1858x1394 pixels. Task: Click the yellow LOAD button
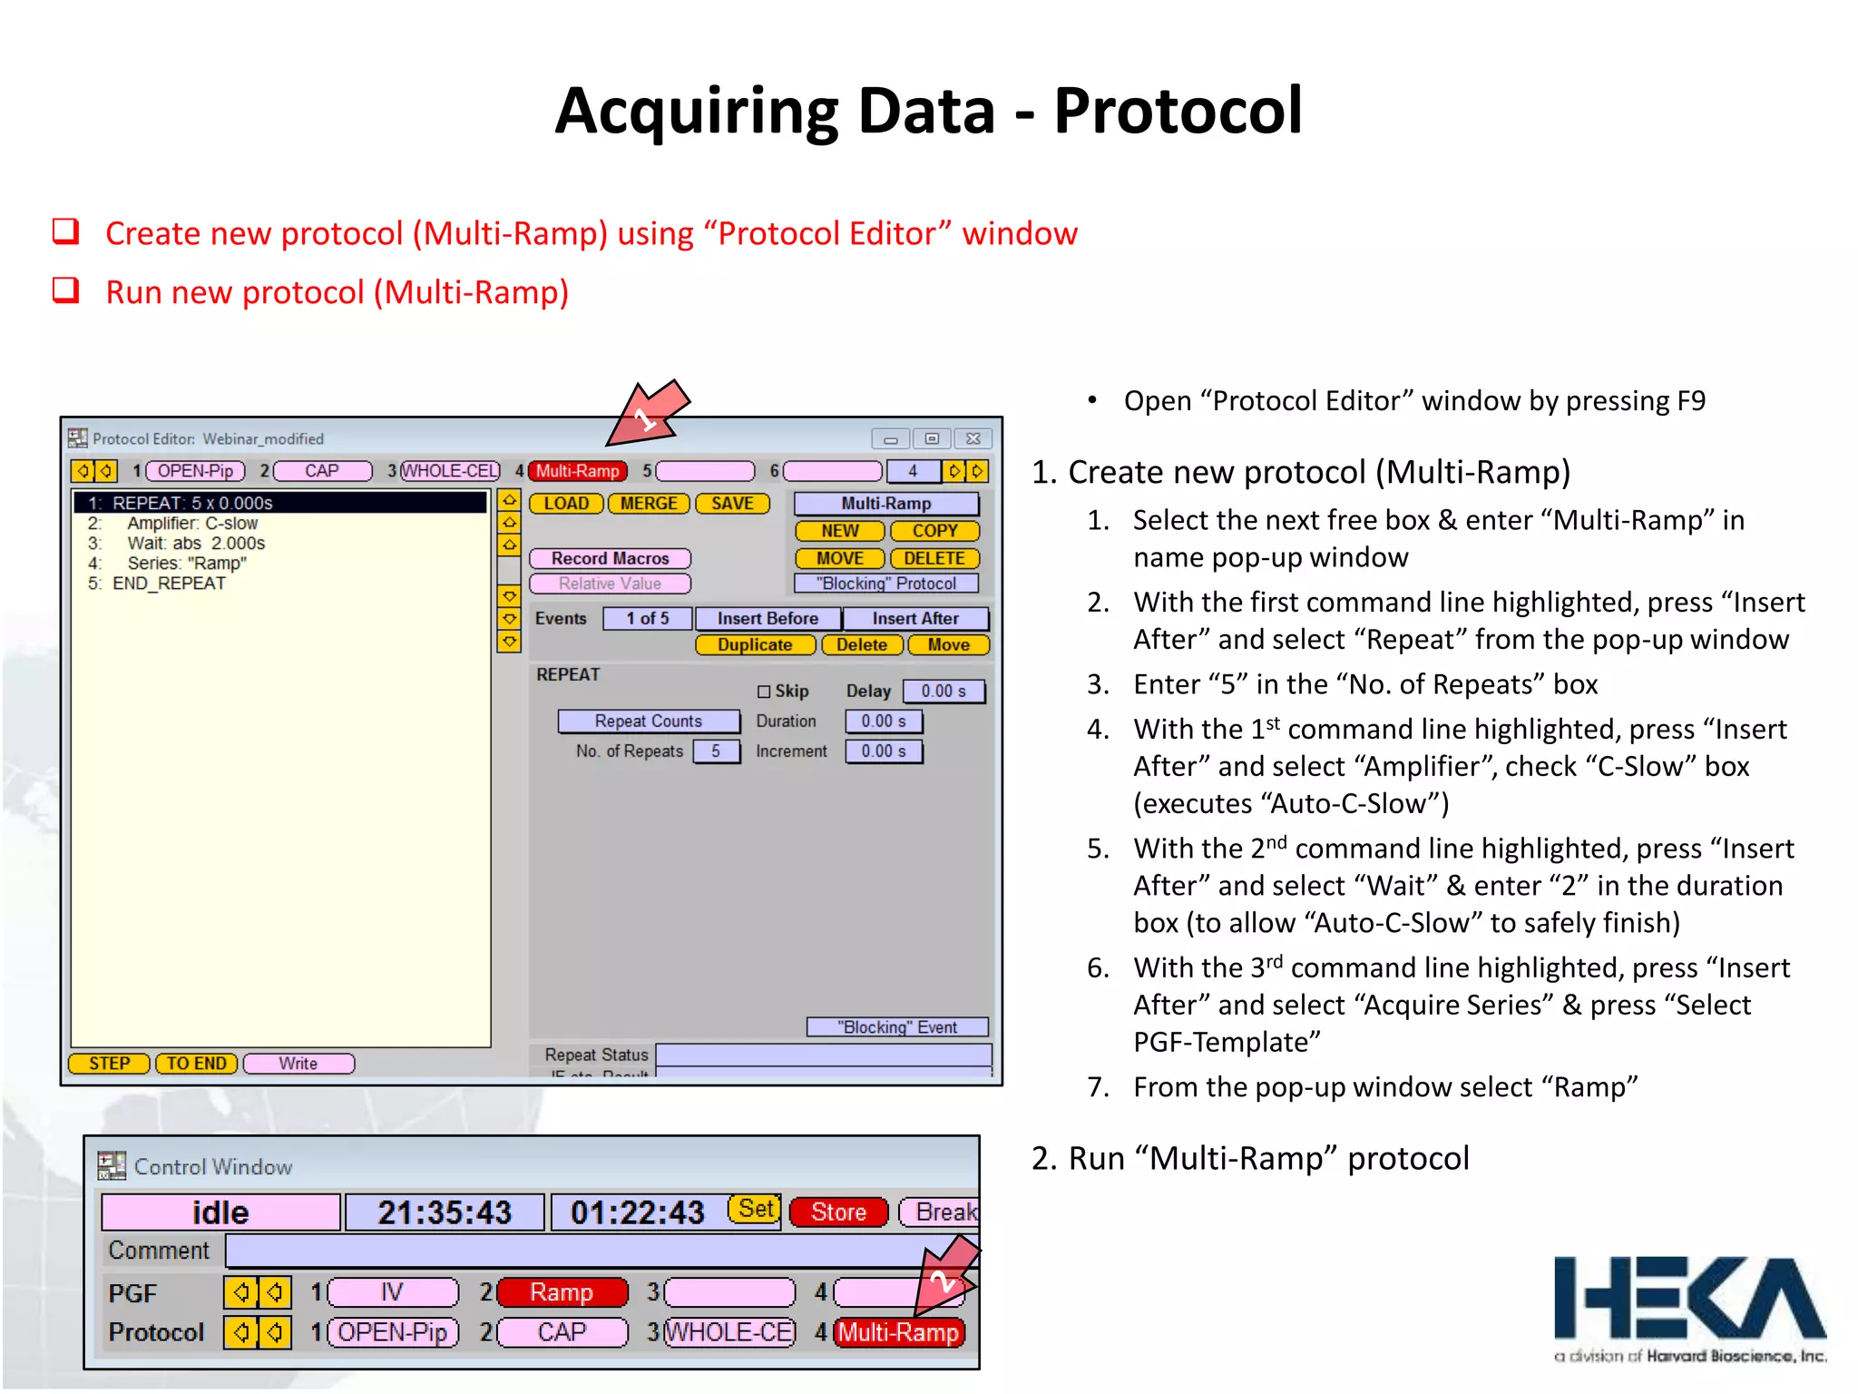coord(566,504)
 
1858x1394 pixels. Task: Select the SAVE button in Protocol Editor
coord(732,504)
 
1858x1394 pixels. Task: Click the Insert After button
coord(914,619)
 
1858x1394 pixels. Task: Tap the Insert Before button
coord(768,619)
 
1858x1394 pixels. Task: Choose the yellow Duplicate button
coord(755,645)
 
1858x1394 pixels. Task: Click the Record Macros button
coord(610,559)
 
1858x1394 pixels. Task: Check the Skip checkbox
coord(764,692)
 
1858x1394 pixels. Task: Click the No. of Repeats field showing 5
coord(716,751)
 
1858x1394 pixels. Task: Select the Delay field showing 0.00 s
coord(944,692)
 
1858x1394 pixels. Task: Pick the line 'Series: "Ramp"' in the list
coord(187,564)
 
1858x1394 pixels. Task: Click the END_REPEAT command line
coord(169,584)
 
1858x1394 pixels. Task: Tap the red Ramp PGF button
coord(562,1292)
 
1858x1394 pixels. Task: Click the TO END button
coord(196,1064)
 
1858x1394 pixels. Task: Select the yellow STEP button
coord(109,1064)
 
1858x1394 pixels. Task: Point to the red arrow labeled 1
coord(647,416)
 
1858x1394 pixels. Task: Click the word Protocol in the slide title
coord(1178,111)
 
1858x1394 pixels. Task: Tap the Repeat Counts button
coord(648,722)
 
